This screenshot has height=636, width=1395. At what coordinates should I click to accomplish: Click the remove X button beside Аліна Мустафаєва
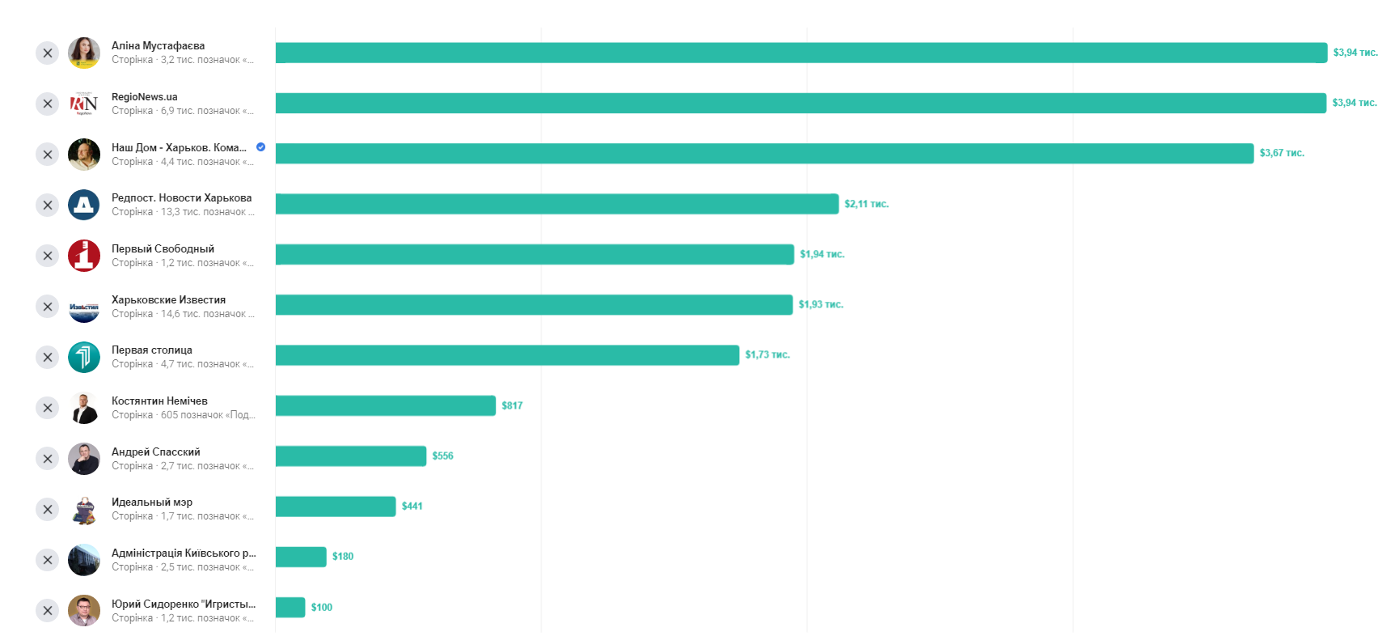tap(48, 53)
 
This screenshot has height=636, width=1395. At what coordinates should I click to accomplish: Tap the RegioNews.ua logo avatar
tap(84, 104)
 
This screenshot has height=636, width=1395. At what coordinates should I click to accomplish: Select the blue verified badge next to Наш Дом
tap(260, 147)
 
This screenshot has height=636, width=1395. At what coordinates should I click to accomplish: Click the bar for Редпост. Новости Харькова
tap(556, 204)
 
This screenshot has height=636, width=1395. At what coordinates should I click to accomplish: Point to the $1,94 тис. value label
tap(822, 254)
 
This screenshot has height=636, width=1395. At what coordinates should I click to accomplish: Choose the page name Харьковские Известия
tap(168, 299)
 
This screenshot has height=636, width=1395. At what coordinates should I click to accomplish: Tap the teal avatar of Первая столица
tap(84, 357)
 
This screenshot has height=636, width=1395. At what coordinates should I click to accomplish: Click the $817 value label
tap(512, 405)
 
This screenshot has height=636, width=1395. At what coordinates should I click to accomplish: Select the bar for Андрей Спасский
tap(350, 456)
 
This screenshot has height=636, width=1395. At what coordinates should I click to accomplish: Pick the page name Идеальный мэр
tap(152, 502)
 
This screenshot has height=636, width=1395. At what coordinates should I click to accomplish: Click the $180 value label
tap(343, 557)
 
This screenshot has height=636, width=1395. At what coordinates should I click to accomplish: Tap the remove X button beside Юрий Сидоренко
tap(48, 611)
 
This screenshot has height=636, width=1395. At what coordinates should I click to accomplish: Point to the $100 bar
tap(290, 607)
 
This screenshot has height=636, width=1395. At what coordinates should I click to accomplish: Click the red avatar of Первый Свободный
tap(84, 256)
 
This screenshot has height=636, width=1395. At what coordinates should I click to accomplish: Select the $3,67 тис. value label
tap(1282, 153)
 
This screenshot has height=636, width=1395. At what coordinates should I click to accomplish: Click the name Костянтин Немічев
tap(159, 401)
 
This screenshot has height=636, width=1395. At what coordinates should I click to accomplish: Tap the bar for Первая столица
tap(507, 355)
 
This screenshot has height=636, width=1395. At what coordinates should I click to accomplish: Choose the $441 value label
tap(412, 507)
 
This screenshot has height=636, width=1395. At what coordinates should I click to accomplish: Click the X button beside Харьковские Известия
tap(48, 307)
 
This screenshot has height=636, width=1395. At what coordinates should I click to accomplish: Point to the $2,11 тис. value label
tap(866, 204)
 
